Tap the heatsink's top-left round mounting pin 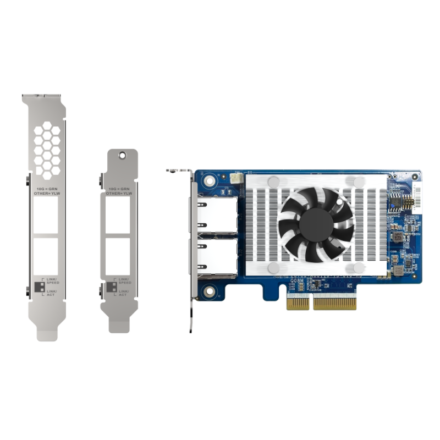click(273, 182)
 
